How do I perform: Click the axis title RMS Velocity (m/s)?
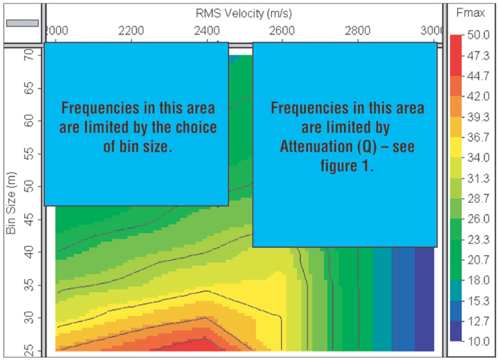(244, 13)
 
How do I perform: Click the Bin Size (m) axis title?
(11, 203)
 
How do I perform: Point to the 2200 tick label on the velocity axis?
(131, 31)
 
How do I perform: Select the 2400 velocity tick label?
(207, 31)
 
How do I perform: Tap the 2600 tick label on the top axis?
(282, 31)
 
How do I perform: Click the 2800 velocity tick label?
(358, 31)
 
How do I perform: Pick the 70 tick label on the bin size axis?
(29, 55)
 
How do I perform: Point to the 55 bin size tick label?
(29, 154)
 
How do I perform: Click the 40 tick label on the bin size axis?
(29, 252)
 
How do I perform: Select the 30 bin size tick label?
(29, 317)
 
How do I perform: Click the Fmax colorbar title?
(470, 13)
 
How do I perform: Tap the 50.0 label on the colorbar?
(478, 35)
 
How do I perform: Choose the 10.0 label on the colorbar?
(478, 341)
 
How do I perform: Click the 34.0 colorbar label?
(478, 158)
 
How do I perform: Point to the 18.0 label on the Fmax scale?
(478, 280)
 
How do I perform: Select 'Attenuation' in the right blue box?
(316, 147)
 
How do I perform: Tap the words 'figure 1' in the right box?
(347, 166)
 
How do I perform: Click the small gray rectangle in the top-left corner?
(22, 23)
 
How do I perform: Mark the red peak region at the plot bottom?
(191, 346)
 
